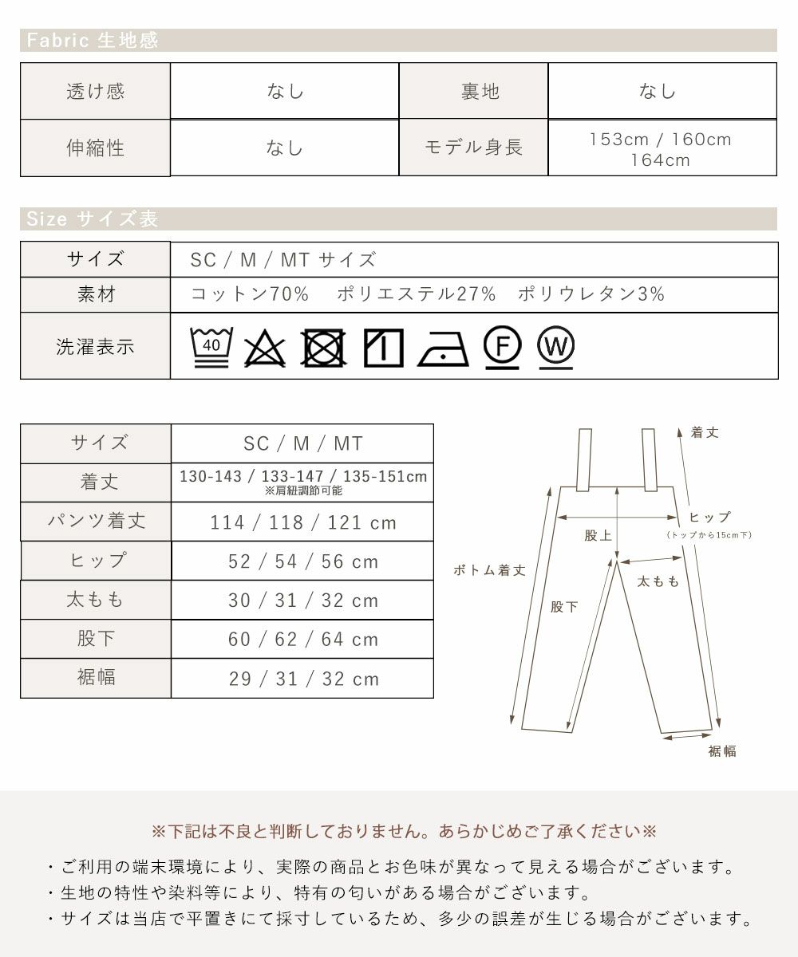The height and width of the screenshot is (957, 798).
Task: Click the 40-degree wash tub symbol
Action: click(x=211, y=347)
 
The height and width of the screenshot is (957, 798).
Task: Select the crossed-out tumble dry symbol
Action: click(x=323, y=348)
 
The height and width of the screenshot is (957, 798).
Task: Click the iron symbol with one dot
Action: click(x=443, y=349)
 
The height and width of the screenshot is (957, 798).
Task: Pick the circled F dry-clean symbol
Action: click(x=502, y=347)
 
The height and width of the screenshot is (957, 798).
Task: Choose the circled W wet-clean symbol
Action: click(x=556, y=347)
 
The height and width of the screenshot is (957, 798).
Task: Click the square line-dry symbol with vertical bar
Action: click(x=383, y=348)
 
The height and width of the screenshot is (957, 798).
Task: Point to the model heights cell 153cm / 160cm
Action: click(x=660, y=140)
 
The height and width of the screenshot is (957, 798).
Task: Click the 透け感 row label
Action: click(x=96, y=91)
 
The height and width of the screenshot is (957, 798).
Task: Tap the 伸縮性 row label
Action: click(x=96, y=148)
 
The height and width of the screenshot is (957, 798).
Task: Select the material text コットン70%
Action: click(x=250, y=293)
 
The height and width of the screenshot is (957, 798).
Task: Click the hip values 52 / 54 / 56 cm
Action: click(x=303, y=561)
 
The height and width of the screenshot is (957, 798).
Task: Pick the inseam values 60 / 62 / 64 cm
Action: click(x=303, y=640)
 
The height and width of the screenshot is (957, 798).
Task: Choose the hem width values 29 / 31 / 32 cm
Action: click(x=304, y=679)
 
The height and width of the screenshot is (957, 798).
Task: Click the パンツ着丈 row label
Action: click(x=97, y=521)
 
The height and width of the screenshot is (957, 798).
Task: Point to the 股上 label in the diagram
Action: click(x=598, y=535)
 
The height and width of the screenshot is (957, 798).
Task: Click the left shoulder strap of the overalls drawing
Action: click(x=584, y=459)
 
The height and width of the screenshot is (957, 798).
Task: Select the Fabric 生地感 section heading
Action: click(x=93, y=41)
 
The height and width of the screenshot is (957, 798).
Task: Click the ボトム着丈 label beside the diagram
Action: click(x=489, y=570)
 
